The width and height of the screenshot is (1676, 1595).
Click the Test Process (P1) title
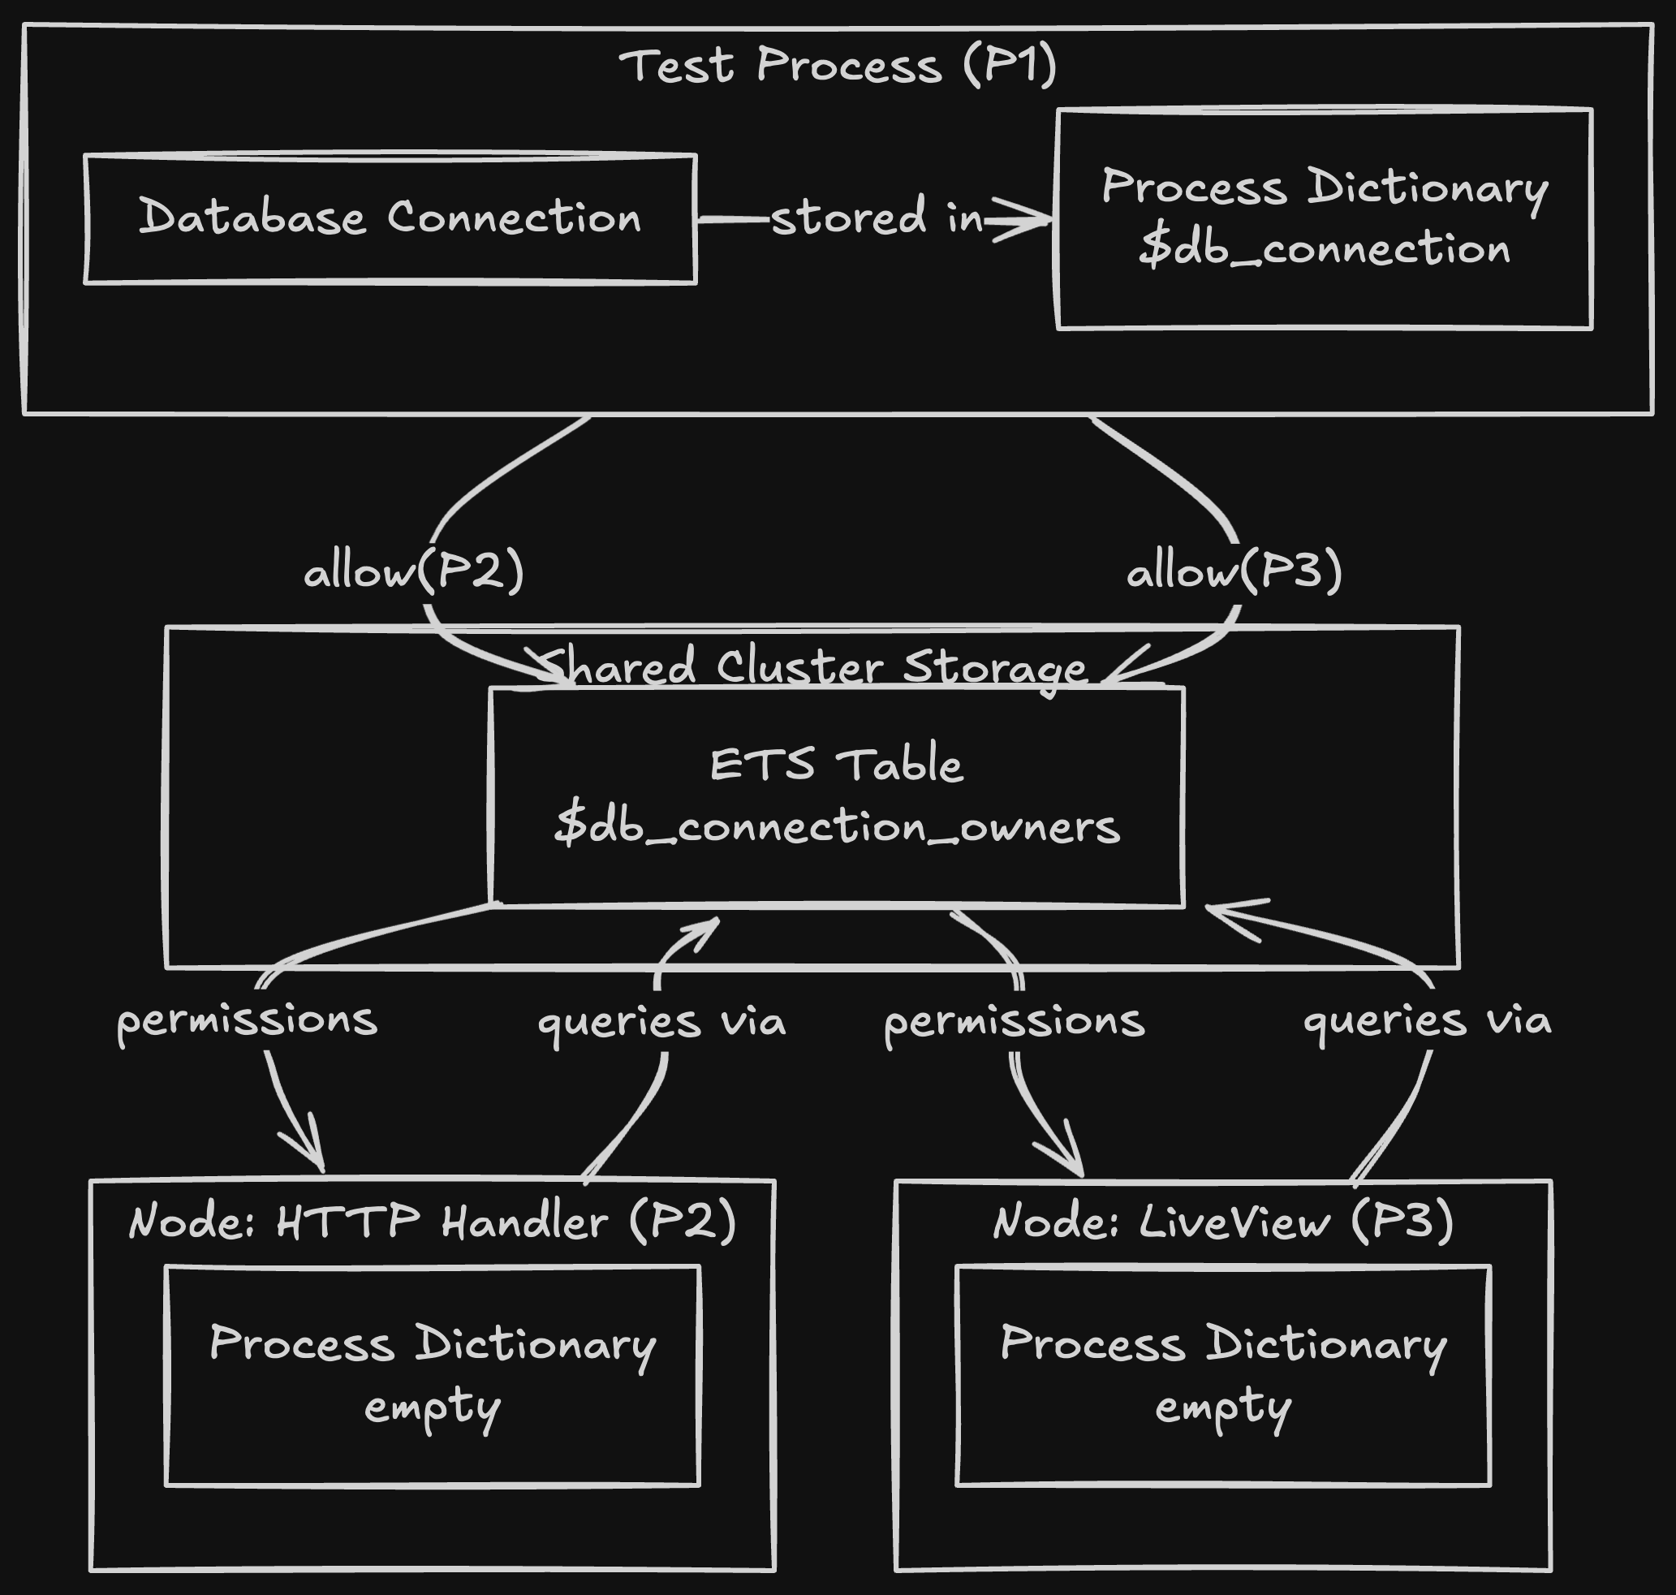click(x=838, y=67)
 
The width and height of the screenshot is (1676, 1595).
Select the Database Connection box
click(x=390, y=218)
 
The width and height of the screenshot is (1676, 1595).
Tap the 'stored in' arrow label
click(x=876, y=218)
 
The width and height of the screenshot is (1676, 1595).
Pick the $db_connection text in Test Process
click(x=1324, y=249)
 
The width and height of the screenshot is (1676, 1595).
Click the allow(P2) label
click(x=414, y=571)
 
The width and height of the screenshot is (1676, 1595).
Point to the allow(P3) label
click(x=1234, y=571)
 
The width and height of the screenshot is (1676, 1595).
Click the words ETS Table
click(x=837, y=765)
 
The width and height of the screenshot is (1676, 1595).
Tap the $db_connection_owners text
click(x=837, y=826)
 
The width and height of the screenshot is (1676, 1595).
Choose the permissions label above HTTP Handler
click(x=247, y=1020)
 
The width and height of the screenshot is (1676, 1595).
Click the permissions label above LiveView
click(x=1015, y=1020)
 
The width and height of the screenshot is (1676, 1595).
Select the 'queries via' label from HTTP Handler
click(x=661, y=1020)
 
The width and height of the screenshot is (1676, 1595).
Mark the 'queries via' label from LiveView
click(x=1427, y=1020)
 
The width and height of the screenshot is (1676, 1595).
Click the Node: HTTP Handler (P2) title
click(x=432, y=1222)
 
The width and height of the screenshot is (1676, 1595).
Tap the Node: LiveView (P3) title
click(x=1223, y=1222)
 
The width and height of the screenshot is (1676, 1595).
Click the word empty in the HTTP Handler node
click(x=432, y=1408)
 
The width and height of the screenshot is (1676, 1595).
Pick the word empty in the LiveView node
click(x=1223, y=1408)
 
